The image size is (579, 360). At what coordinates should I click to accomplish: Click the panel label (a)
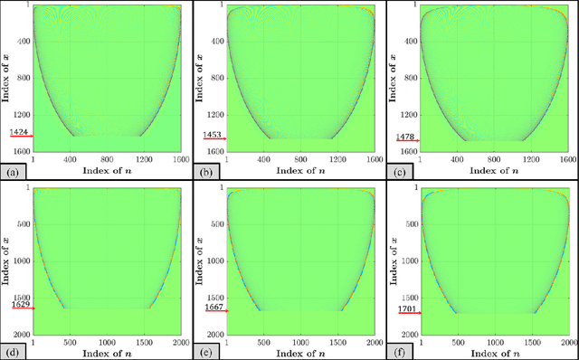12,170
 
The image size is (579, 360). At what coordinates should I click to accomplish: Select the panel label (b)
205,170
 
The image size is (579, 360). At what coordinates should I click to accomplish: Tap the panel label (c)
399,170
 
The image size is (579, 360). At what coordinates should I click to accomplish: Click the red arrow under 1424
20,137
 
